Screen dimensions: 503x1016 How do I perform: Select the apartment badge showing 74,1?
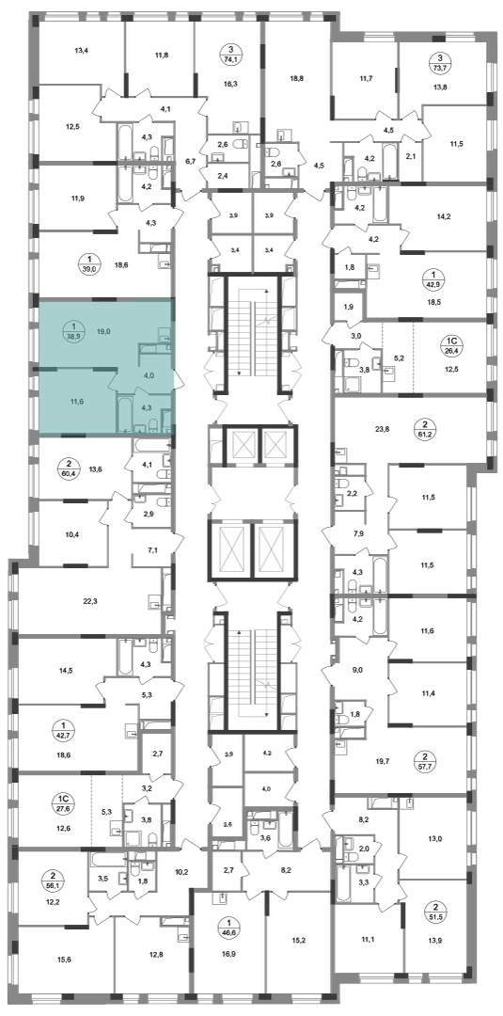[228, 52]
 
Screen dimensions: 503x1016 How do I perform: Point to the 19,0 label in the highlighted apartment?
[102, 330]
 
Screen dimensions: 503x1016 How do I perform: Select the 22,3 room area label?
[90, 601]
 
